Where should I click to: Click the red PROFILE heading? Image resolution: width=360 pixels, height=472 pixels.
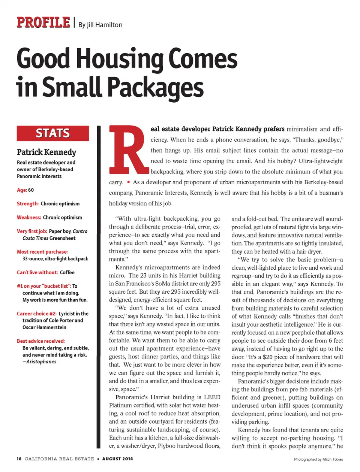(x=43, y=22)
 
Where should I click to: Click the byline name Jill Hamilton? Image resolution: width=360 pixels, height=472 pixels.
(x=105, y=25)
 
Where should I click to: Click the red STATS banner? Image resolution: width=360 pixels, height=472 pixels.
(x=53, y=133)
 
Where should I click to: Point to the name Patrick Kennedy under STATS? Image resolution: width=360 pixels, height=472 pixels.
(x=46, y=152)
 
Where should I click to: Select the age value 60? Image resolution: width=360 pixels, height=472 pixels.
(x=31, y=190)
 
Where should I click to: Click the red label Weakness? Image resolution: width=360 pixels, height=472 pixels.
(x=29, y=218)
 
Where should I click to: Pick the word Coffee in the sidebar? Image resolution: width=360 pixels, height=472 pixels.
(x=67, y=272)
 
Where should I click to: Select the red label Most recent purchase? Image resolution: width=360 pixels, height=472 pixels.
(x=42, y=252)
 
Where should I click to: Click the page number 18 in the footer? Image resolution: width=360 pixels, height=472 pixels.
(x=19, y=459)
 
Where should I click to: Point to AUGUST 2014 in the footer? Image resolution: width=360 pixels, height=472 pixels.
(x=117, y=459)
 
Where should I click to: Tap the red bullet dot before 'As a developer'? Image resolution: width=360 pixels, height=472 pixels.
(x=129, y=182)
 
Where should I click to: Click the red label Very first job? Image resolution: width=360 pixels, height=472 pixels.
(x=32, y=231)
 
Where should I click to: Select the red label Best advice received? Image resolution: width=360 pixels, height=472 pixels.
(x=41, y=341)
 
